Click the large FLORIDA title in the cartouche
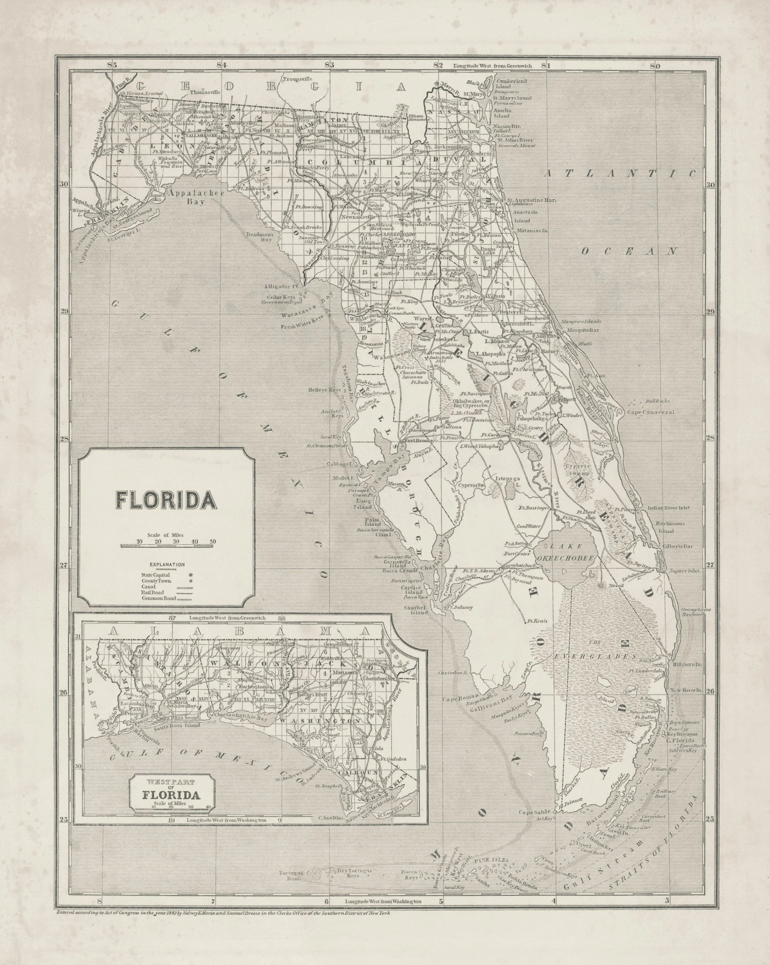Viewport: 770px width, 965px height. [x=166, y=500]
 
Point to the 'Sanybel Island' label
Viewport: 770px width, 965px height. [x=416, y=609]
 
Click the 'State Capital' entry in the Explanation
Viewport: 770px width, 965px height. [x=156, y=574]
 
